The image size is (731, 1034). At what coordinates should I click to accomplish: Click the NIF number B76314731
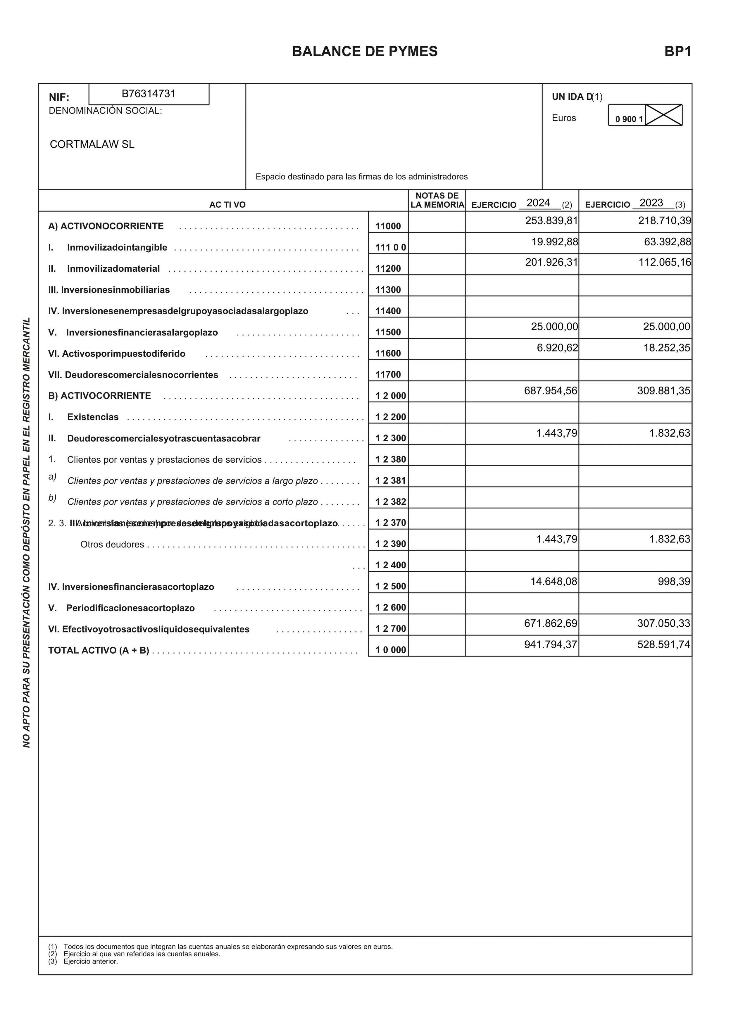point(149,94)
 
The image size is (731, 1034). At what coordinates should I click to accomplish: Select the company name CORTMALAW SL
point(92,144)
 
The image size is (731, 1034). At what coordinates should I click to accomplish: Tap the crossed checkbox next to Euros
point(663,115)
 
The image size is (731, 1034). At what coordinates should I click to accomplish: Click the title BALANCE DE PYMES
point(365,51)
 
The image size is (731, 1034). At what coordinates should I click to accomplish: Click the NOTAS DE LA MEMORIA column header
point(437,200)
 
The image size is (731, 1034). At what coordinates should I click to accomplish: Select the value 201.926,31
point(551,262)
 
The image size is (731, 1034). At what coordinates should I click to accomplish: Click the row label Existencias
point(93,417)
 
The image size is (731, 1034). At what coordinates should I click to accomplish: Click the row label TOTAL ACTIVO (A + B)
point(99,650)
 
